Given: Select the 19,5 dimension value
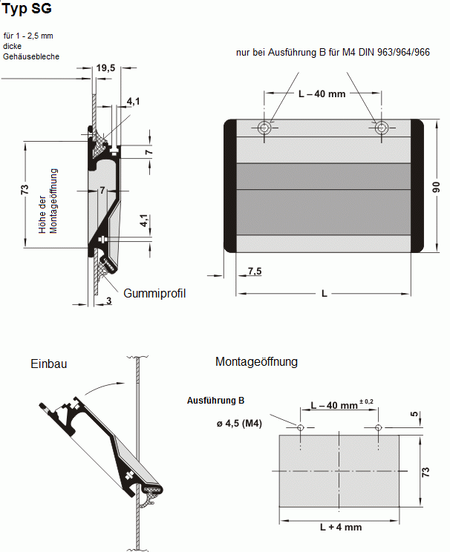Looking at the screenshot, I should pyautogui.click(x=105, y=68).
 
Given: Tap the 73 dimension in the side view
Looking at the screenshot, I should pyautogui.click(x=24, y=191).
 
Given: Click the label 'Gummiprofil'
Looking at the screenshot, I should pyautogui.click(x=154, y=293).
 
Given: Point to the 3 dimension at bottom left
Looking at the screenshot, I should pyautogui.click(x=108, y=300).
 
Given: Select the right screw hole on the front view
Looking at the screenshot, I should pyautogui.click(x=380, y=128).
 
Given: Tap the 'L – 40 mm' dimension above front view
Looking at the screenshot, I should pyautogui.click(x=322, y=94).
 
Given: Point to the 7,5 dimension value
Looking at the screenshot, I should pyautogui.click(x=255, y=271).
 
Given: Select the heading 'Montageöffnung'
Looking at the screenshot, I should pyautogui.click(x=256, y=362).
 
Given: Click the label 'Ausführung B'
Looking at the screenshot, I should pyautogui.click(x=215, y=401).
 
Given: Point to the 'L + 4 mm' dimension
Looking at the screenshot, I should pyautogui.click(x=340, y=527).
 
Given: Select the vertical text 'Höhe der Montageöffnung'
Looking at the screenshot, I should pyautogui.click(x=48, y=202).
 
